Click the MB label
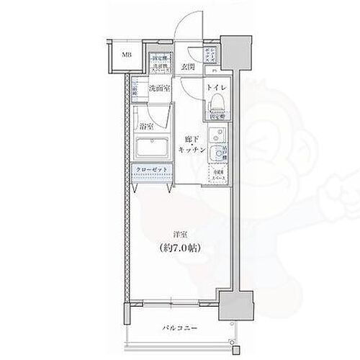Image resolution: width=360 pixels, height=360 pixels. coord(125,55)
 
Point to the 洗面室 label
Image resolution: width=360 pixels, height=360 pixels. coord(158,89)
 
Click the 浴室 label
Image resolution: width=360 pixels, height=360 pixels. coord(145,123)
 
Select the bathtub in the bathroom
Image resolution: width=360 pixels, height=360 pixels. coord(151,149)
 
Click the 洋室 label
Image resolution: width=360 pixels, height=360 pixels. coord(181,234)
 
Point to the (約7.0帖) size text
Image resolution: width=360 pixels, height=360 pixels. coord(180,248)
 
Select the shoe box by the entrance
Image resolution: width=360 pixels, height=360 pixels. coord(213,55)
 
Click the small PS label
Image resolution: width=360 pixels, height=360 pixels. coord(213,71)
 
